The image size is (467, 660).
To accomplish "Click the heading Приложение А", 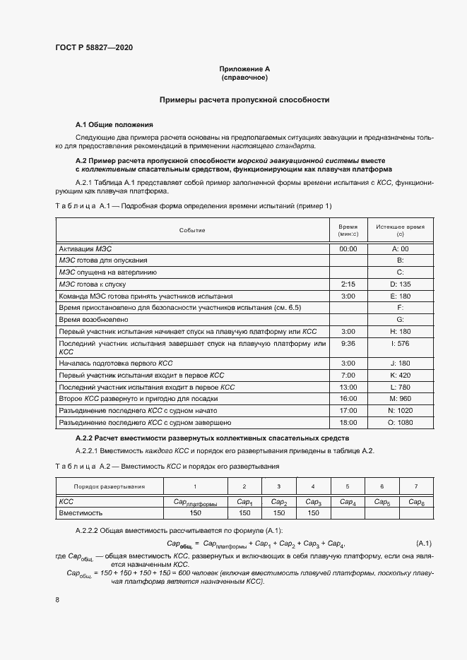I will point(244,68).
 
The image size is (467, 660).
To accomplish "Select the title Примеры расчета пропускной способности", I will point(244,100).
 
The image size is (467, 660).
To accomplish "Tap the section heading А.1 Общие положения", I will point(114,124).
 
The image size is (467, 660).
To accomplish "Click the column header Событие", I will point(192,230).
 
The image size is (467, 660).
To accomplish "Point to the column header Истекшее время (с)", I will point(400,230).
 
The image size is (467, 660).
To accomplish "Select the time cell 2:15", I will point(348,283).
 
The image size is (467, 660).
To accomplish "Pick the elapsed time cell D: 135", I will point(400,283).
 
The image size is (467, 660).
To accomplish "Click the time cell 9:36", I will point(348,343).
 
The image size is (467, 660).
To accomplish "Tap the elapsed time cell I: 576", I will point(400,343).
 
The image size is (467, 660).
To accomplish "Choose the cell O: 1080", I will point(400,422).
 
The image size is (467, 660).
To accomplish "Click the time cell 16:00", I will point(348,399).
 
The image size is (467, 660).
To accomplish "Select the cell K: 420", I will point(400,376).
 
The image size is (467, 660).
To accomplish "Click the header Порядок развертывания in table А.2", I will point(110,486).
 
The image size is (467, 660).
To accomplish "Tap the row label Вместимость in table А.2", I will point(81,512).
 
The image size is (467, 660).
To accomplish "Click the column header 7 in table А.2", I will point(415,486).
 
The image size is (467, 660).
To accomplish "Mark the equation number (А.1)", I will point(424,543).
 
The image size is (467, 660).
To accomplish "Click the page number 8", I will point(57,599).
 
